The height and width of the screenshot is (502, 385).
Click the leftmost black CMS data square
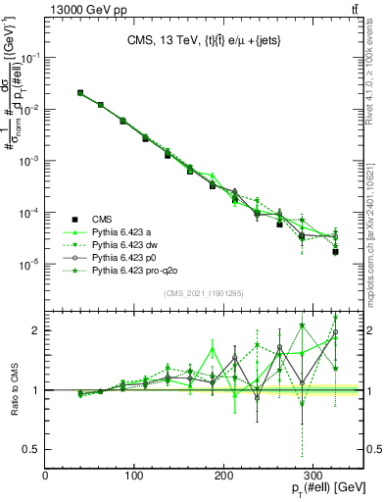(x=80, y=93)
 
